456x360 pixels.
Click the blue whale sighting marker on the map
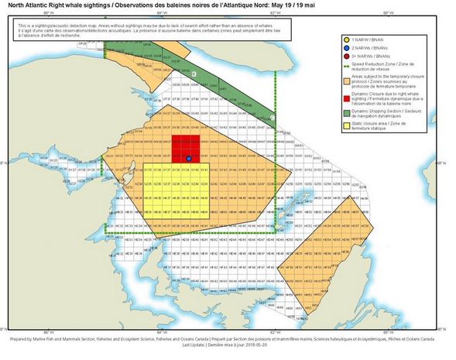[188, 159]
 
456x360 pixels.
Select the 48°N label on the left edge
[3, 163]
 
